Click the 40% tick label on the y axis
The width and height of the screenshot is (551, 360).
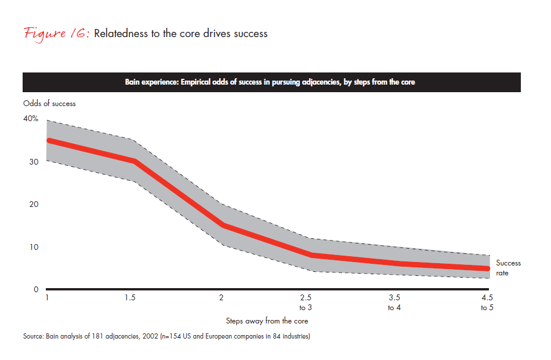point(31,118)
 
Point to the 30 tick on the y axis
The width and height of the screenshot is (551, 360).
point(34,162)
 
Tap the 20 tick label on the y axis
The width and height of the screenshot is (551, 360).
point(34,204)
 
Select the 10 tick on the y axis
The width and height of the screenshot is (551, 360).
point(34,247)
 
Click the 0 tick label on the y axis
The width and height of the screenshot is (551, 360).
point(36,289)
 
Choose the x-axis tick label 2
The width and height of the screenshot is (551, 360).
point(221,297)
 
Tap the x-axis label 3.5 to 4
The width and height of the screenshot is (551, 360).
point(394,303)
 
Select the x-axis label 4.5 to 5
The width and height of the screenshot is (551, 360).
point(487,303)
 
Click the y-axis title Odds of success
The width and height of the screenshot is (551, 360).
point(49,104)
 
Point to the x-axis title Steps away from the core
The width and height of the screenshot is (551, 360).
point(267,321)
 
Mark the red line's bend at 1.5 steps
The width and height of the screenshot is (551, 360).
point(135,161)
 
